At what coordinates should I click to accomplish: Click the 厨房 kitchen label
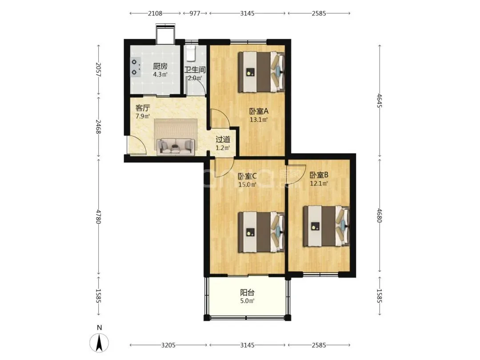160,66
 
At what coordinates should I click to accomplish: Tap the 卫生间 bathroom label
195,69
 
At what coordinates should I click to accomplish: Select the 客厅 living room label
143,108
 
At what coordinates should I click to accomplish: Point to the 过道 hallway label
223,140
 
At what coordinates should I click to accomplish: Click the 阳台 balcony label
248,292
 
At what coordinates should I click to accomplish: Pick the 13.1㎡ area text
259,120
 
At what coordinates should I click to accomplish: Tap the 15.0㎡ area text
248,184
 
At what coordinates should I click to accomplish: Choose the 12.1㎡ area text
319,184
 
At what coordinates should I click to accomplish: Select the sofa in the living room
176,147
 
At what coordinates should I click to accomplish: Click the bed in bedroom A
262,72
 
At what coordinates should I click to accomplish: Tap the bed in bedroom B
326,226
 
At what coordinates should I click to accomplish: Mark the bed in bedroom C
262,232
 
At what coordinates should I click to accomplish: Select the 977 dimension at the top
195,13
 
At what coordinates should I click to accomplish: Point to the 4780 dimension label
98,216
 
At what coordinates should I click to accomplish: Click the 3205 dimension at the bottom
168,345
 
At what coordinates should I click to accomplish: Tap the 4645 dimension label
380,101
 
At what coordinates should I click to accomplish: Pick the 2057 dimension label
98,69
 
